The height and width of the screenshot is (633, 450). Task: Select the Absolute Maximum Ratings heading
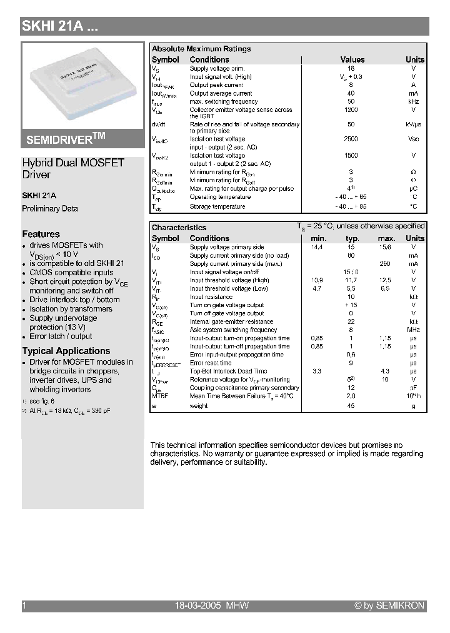[x=201, y=49]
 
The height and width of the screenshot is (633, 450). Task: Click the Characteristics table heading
[x=179, y=228]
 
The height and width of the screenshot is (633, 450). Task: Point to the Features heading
[x=41, y=234]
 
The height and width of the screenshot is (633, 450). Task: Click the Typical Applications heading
[x=66, y=351]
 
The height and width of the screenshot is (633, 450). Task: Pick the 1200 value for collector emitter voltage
[x=351, y=109]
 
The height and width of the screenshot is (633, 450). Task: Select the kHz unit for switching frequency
[x=413, y=101]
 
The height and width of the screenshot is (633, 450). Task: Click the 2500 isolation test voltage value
[x=351, y=139]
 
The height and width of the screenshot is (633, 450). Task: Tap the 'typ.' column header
[x=352, y=238]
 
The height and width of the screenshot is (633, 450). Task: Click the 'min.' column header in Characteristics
[x=319, y=238]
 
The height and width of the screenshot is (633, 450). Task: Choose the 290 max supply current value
[x=385, y=264]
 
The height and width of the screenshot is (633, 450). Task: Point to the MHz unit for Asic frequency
[x=413, y=330]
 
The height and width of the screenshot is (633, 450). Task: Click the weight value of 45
[x=351, y=406]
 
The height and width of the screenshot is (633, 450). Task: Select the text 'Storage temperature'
[x=217, y=206]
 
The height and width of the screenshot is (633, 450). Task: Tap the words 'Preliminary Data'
[x=50, y=209]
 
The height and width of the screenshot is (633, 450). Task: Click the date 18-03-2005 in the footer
[x=197, y=605]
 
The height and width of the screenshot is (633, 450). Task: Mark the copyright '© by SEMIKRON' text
[x=389, y=605]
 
